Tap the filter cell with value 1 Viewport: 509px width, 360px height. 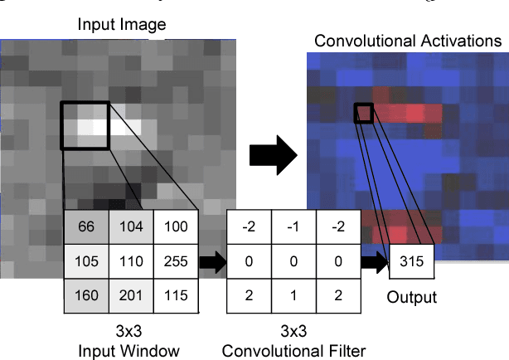point(293,294)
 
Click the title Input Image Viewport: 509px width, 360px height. point(122,24)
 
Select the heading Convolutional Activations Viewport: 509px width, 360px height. point(408,41)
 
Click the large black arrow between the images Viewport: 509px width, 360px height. point(274,154)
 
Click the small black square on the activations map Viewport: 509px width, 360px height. point(364,112)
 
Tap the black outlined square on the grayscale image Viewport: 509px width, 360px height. point(85,126)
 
